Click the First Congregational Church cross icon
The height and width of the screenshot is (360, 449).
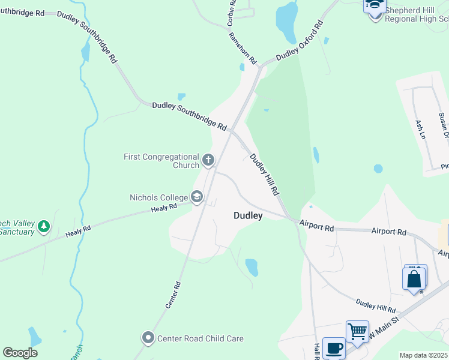click(208, 160)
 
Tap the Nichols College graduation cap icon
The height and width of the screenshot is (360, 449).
click(196, 197)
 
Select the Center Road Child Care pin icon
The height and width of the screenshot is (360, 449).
click(148, 338)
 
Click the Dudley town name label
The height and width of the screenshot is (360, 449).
click(248, 215)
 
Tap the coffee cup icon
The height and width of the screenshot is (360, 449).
click(334, 348)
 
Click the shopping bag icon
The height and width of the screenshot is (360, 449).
click(414, 280)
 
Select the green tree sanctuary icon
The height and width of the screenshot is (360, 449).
click(43, 227)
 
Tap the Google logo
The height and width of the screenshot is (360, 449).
click(20, 353)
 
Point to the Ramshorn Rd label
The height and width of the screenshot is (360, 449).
click(243, 48)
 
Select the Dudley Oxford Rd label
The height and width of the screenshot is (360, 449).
click(300, 41)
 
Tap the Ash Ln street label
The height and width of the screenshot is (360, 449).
click(420, 130)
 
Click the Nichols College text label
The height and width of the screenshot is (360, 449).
click(159, 197)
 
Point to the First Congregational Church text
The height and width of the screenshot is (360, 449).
click(161, 161)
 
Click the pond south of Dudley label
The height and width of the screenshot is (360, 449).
click(252, 267)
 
